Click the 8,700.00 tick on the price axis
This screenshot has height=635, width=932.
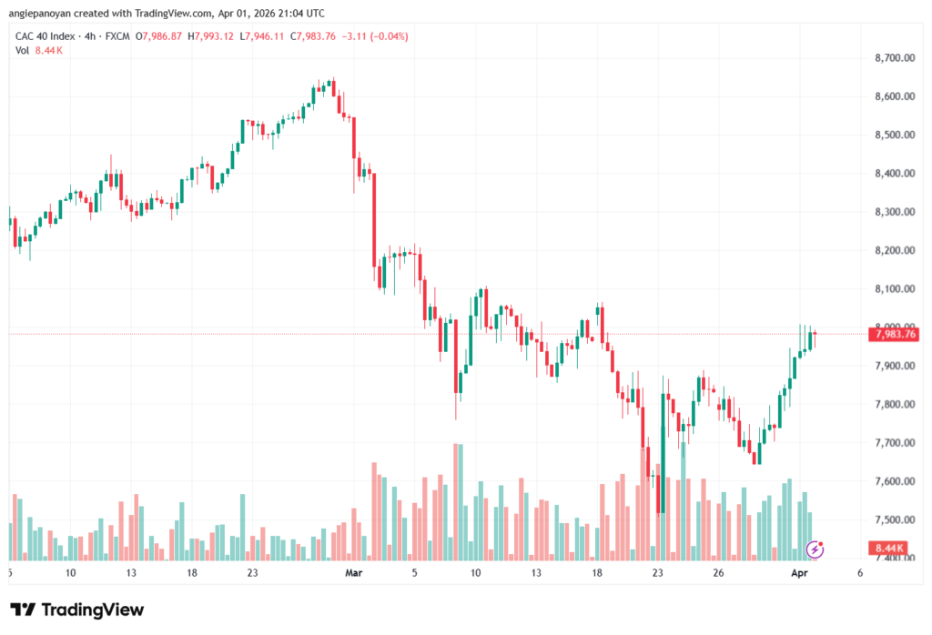(x=894, y=58)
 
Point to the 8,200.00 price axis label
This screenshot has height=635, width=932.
(x=894, y=250)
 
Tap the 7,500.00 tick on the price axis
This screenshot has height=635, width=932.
(x=894, y=519)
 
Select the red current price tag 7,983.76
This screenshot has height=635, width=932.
(x=895, y=334)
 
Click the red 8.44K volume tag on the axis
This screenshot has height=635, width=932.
(x=888, y=548)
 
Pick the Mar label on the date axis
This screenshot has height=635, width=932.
(x=353, y=574)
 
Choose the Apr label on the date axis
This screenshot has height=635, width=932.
(x=798, y=574)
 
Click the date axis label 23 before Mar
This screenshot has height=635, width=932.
(x=252, y=574)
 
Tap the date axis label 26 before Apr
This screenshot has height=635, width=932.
(x=718, y=574)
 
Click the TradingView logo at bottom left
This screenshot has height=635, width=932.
(x=77, y=610)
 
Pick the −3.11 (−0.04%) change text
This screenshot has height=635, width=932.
(x=377, y=36)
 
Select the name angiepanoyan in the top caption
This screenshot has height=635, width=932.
(x=45, y=14)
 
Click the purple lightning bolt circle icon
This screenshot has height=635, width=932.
(x=815, y=549)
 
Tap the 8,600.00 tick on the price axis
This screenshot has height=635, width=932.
(x=894, y=96)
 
